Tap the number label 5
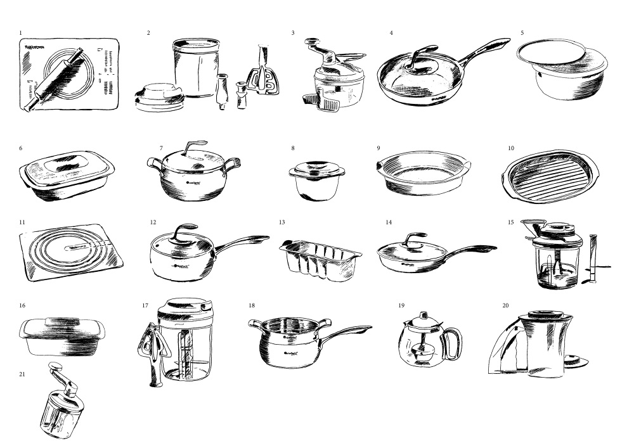click(x=522, y=32)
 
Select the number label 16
click(x=22, y=305)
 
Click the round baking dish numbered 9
click(x=421, y=173)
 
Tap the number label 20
click(x=505, y=305)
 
